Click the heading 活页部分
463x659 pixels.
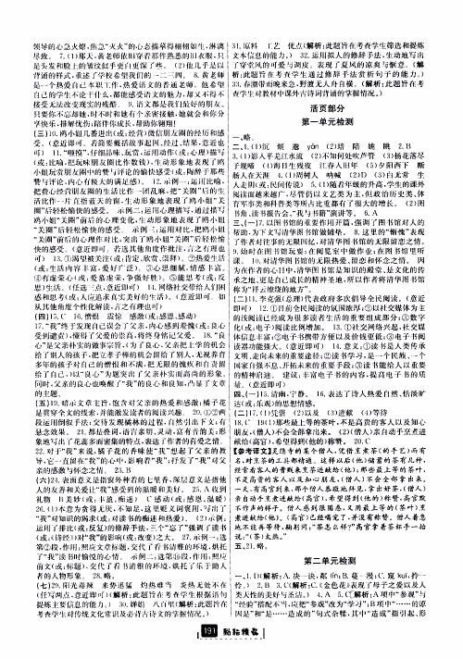pos(345,103)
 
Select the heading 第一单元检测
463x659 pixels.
pos(345,118)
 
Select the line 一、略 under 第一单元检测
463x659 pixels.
pos(254,132)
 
